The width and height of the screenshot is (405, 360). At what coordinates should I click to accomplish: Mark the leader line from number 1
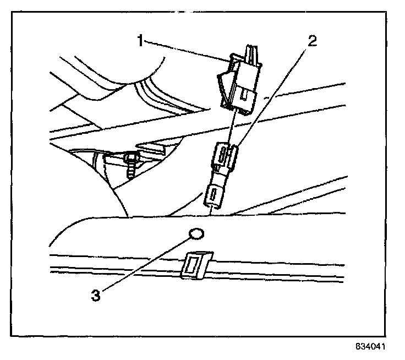point(187,51)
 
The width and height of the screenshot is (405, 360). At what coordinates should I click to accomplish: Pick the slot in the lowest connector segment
point(212,195)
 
